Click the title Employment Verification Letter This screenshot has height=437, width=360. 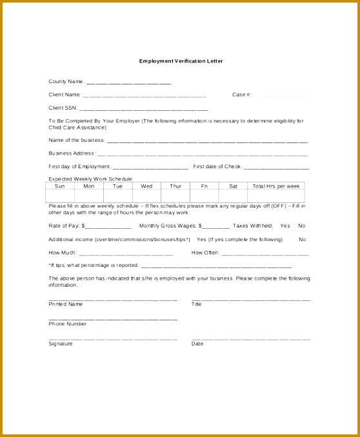click(180, 61)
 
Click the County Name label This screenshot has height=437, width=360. click(66, 81)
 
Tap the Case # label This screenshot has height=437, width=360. click(240, 95)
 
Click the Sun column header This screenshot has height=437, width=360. click(59, 186)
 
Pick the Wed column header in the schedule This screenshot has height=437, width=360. click(146, 186)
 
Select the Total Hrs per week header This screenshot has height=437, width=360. click(276, 186)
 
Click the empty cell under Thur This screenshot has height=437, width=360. click(175, 195)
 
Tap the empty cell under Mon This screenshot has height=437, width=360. click(88, 195)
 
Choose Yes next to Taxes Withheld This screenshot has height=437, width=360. click(285, 226)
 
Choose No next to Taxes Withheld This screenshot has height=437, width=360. click(302, 226)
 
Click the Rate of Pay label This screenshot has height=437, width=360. click(64, 226)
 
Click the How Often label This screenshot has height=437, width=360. click(206, 252)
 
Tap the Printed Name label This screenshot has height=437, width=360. click(66, 304)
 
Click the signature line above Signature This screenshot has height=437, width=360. click(113, 338)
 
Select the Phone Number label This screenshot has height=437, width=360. click(68, 324)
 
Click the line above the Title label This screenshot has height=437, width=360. click(251, 299)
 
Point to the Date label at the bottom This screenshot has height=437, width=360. click(197, 344)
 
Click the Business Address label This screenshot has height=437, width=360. click(72, 153)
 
